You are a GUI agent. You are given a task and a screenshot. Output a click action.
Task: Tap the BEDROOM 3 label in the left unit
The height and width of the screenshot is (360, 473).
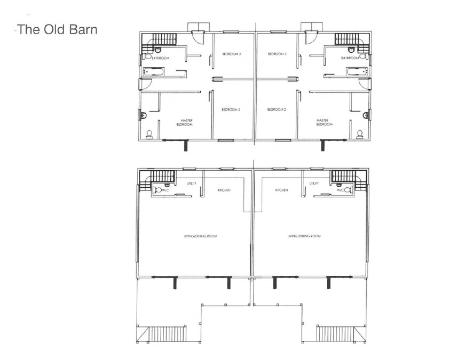pos(231,54)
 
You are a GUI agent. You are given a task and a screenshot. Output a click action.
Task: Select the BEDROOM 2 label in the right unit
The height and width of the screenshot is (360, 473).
pos(277,110)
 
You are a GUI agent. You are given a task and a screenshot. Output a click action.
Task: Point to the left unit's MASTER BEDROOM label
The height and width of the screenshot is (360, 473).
pos(184,122)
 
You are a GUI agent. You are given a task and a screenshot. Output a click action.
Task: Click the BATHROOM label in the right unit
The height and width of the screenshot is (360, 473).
pos(350,58)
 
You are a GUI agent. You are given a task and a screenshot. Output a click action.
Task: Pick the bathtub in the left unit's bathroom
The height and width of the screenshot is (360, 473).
pos(154,71)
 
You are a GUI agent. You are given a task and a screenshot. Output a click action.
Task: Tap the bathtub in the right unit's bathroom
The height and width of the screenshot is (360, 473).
pos(357,71)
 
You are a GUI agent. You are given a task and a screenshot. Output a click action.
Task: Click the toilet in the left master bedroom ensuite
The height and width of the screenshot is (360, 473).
pos(149,134)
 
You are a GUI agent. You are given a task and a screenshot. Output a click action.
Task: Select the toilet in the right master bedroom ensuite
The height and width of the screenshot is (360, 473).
pos(360,134)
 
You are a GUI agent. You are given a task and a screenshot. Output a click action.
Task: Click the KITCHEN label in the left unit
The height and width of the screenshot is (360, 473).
pos(224,190)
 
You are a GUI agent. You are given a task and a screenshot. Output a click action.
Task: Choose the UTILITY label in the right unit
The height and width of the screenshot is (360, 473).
pos(314,183)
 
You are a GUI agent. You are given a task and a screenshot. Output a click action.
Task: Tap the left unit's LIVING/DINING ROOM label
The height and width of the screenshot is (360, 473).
pos(201,236)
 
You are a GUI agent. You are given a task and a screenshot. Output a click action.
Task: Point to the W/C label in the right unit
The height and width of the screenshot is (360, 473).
pos(340,190)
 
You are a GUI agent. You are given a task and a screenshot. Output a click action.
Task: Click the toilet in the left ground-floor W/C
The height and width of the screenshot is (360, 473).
pos(158,190)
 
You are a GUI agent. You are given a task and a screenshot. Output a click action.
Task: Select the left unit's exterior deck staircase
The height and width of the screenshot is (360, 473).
pos(167,334)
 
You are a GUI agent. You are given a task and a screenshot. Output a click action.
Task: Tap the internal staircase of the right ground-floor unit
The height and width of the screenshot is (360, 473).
pos(349,180)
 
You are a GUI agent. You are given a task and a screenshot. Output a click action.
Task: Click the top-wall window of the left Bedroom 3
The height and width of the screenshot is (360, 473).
pos(231,31)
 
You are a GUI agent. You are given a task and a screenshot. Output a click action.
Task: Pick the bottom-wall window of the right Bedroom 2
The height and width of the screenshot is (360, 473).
pos(283,140)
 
